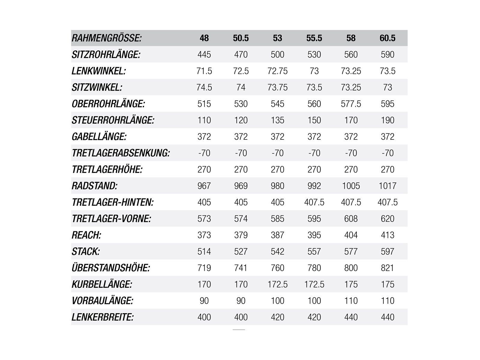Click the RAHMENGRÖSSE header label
[x=106, y=38]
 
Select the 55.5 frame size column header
[x=314, y=38]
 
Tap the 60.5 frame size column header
[x=387, y=38]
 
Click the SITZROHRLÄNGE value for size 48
[x=204, y=55]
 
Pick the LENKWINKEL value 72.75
[x=277, y=71]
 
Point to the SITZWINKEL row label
[x=97, y=87]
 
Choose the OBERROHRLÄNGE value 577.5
[x=351, y=104]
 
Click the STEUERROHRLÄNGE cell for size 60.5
[x=387, y=120]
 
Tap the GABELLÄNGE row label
[x=99, y=137]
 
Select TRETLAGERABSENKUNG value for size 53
[x=277, y=153]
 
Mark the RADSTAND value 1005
[x=351, y=186]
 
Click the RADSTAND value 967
[x=204, y=186]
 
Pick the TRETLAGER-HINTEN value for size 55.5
[x=314, y=202]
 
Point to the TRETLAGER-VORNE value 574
[x=241, y=219]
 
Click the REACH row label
[x=86, y=235]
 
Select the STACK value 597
[x=387, y=251]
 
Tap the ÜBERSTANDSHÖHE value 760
[x=277, y=268]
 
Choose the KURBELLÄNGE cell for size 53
[x=277, y=284]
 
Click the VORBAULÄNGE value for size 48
[x=204, y=301]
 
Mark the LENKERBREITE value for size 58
[x=351, y=317]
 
